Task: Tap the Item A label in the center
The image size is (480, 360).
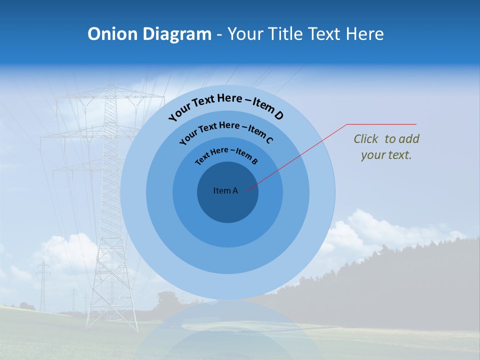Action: pos(225,190)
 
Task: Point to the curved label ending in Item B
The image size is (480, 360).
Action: pos(226,155)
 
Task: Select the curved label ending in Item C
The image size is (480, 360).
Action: pos(226,131)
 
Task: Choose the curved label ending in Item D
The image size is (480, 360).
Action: pos(226,106)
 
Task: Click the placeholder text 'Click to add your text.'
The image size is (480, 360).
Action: pos(386,147)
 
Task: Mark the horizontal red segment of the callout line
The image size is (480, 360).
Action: pos(381,124)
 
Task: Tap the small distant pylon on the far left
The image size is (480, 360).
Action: pos(43,285)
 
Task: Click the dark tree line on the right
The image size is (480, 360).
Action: pos(400,280)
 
